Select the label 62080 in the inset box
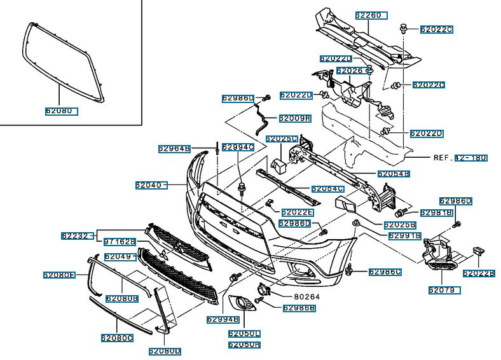61,111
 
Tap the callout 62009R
294,118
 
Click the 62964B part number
174,149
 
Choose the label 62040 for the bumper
150,186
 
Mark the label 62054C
327,189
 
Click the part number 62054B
394,174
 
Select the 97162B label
120,242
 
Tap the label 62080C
116,338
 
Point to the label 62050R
244,345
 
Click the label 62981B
436,212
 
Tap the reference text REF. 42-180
460,157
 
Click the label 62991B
405,235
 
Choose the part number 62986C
385,272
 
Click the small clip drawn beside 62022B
477,253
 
